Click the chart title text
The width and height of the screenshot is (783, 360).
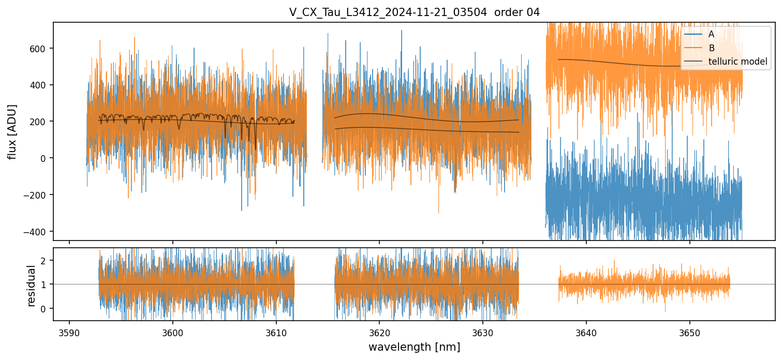[414, 12]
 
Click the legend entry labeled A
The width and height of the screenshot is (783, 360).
[712, 34]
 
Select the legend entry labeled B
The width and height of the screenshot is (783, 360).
[712, 48]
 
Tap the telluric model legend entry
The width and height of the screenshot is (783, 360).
[737, 62]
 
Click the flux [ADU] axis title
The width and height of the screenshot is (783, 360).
[12, 131]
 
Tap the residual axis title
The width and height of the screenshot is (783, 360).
[32, 286]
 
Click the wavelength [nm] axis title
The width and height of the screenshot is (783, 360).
[414, 347]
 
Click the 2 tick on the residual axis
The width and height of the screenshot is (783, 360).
[44, 260]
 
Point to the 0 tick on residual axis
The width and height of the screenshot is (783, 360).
[44, 309]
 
